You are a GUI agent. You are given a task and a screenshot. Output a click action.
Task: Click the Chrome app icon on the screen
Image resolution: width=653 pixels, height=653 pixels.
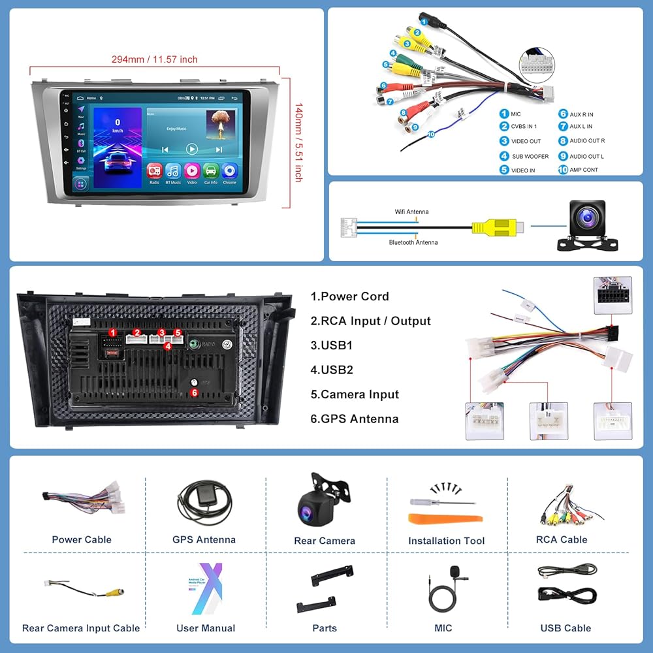point(229,172)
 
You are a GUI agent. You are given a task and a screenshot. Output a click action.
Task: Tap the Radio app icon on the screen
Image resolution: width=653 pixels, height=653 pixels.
point(154,172)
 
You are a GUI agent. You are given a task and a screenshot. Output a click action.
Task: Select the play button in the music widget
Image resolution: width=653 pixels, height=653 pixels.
point(191,149)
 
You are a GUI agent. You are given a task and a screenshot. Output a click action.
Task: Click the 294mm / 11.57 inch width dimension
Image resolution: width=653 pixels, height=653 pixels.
point(154,59)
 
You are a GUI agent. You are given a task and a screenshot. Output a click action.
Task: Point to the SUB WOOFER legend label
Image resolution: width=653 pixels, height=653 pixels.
point(530,157)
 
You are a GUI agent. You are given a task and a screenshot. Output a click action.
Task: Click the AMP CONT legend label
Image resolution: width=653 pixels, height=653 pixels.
point(583,170)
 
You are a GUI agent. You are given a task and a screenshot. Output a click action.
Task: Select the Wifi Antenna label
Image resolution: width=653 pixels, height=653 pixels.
point(411,212)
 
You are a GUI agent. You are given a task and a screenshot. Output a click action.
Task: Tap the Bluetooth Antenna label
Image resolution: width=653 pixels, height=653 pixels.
point(413,242)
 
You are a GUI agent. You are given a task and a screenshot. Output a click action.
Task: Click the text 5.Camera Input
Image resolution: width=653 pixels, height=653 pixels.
point(355,394)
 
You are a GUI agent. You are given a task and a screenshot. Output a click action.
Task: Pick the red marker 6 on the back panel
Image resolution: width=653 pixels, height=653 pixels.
point(194,392)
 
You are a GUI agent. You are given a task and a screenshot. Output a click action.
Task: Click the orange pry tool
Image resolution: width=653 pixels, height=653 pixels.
point(445,519)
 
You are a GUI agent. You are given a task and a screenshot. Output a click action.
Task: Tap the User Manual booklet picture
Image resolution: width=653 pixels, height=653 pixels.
point(202,588)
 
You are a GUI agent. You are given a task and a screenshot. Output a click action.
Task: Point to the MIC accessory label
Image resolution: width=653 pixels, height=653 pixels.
point(443,628)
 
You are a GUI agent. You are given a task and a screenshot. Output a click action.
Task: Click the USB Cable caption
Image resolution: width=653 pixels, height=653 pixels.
point(565,628)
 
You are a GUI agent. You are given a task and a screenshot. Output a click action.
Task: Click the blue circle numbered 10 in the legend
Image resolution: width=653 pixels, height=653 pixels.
point(563,170)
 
